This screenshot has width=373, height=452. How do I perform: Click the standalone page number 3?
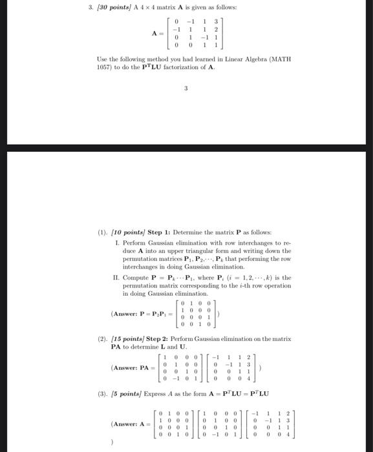(x=186, y=89)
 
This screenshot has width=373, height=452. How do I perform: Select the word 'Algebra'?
(x=245, y=59)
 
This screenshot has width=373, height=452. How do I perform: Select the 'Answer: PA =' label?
(x=133, y=370)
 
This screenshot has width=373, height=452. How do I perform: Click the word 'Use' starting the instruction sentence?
(x=100, y=59)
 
